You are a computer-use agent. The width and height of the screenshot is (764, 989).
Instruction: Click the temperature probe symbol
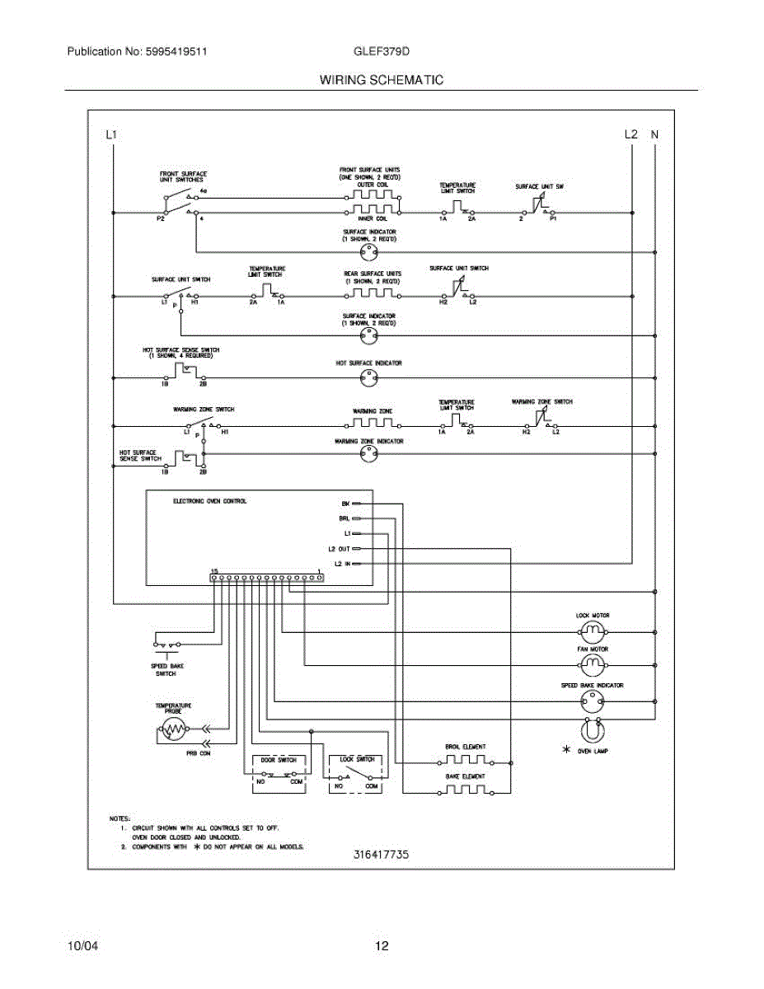[173, 729]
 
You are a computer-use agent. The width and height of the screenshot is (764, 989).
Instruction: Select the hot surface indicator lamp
[368, 378]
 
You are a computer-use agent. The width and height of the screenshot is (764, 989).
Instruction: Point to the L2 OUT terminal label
[339, 549]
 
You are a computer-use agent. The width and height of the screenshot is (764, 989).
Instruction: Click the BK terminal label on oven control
[345, 503]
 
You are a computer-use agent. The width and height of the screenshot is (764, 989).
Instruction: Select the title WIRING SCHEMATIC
[382, 80]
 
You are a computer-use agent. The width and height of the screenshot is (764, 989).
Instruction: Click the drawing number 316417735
[376, 855]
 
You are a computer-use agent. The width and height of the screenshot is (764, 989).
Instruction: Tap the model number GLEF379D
[382, 51]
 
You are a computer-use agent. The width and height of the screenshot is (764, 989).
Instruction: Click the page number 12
[382, 946]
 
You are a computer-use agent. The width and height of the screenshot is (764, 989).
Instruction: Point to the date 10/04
[82, 946]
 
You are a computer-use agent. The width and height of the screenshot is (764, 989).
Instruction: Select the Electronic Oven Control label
[209, 501]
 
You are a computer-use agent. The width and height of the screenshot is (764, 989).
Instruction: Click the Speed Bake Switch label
[166, 668]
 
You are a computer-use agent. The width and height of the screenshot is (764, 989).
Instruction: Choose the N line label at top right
[654, 134]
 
